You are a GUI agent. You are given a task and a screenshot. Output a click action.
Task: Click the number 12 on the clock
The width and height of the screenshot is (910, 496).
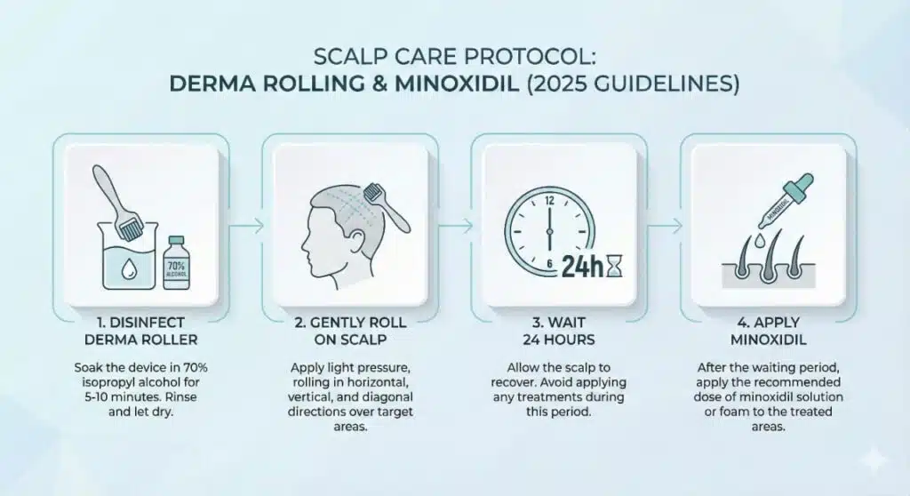(x=549, y=200)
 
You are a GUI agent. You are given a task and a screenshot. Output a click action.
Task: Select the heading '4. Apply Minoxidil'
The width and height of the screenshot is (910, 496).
(x=760, y=328)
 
